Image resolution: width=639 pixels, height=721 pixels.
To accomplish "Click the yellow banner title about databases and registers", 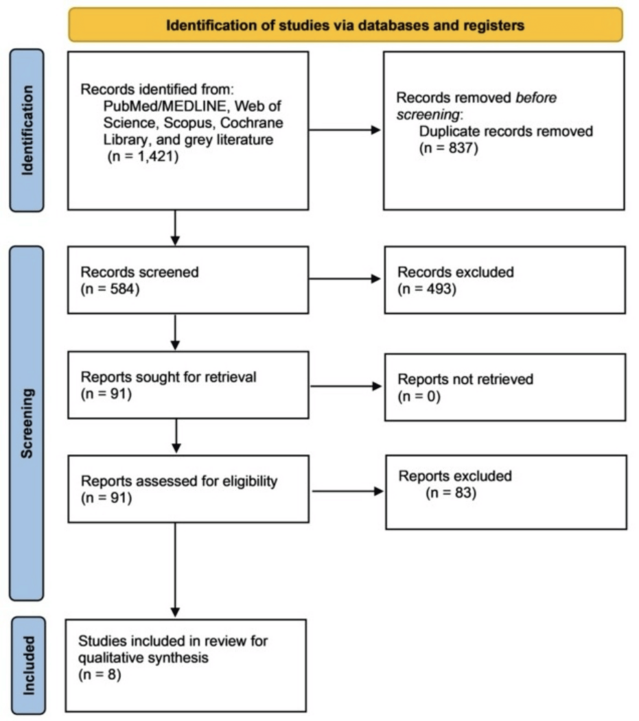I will (345, 25).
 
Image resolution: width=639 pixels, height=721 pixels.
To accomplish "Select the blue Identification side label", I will (27, 130).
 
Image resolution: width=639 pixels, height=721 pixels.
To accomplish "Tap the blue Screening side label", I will (27, 422).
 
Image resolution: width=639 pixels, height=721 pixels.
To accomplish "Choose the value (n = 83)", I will (451, 493).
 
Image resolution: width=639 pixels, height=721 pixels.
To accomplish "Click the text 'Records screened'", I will (139, 272).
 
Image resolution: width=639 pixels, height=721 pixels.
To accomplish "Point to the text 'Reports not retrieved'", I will (465, 379).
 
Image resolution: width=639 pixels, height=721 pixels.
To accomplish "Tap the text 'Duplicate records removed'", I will (505, 131).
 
